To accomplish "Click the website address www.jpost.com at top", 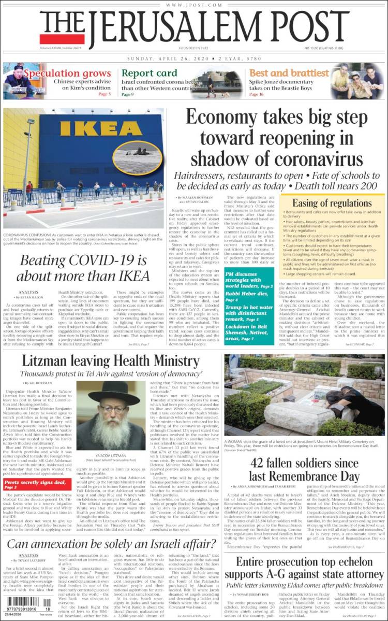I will click(194, 5).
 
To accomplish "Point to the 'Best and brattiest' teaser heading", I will click(288, 73).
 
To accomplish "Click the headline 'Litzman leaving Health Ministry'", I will click(110, 361).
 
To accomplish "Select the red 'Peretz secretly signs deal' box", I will click(35, 484).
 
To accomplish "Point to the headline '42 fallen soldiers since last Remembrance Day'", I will click(304, 469).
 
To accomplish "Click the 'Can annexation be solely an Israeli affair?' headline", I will click(111, 544).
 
